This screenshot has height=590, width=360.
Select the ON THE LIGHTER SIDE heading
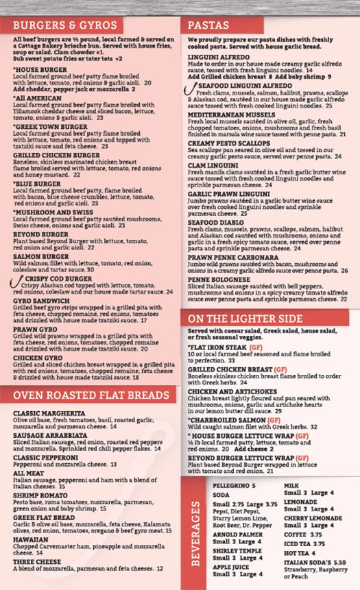(x=245, y=319)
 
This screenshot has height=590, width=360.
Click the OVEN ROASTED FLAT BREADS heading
(x=91, y=395)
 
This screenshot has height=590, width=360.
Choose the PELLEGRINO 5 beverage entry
(x=234, y=485)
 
